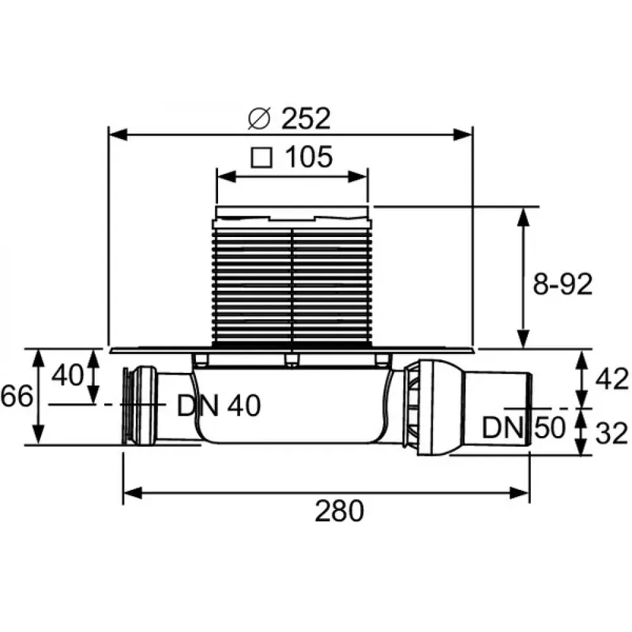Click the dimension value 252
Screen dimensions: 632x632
tap(306, 119)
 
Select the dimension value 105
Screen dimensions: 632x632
tap(309, 157)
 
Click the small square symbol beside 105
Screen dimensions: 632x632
tap(262, 157)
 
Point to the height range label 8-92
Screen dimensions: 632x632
tap(562, 284)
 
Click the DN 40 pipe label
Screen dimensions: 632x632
tap(219, 406)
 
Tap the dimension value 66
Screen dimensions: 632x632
tap(16, 397)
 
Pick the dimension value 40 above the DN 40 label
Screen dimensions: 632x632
tap(68, 375)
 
